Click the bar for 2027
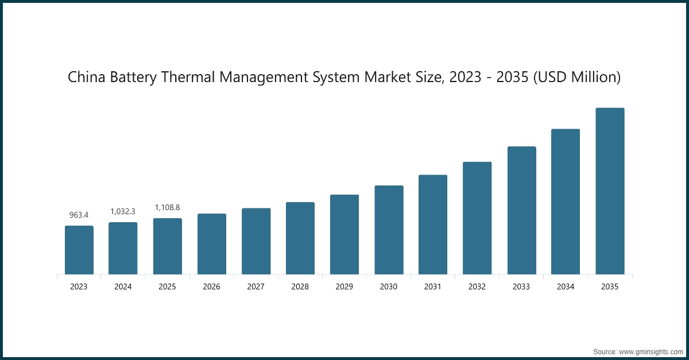256,241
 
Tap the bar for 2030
389,230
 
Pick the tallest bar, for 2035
610,191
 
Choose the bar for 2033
521,210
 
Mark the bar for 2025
167,246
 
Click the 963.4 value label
79,215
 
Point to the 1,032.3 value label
123,211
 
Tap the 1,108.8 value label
167,207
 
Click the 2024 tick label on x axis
123,287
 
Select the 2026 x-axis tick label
211,287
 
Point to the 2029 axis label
344,287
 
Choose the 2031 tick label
433,287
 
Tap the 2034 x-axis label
566,287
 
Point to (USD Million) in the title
577,77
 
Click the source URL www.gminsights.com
650,351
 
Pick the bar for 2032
477,218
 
